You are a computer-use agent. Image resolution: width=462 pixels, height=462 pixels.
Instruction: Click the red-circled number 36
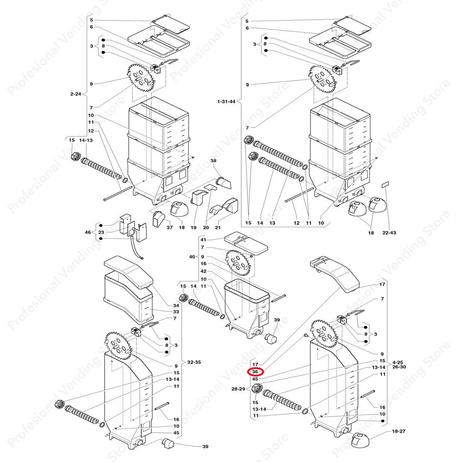click(255, 372)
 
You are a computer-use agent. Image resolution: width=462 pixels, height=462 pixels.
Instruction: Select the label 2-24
click(75, 94)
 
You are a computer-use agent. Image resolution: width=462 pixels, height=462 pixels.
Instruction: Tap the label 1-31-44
click(226, 102)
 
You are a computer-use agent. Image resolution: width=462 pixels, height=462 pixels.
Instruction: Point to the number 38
click(213, 160)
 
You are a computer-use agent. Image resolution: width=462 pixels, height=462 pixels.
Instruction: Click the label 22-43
click(389, 233)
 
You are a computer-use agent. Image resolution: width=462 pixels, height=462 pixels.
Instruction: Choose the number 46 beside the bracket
click(88, 232)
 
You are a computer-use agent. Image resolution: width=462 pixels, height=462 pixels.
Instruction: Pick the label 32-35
click(194, 362)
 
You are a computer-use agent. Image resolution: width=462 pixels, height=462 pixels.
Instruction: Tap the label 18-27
click(399, 431)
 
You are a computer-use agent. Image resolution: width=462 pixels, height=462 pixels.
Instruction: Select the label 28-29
click(238, 389)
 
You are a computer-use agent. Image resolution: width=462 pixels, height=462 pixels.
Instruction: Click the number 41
click(203, 240)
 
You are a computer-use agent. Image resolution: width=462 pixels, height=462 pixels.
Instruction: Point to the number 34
click(176, 305)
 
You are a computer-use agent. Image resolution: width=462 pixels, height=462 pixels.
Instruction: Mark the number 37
click(170, 228)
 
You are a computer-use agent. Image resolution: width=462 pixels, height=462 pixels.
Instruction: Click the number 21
click(217, 228)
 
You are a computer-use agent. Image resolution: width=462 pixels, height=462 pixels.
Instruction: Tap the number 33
click(176, 312)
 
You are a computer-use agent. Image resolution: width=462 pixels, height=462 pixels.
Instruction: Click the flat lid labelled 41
click(246, 244)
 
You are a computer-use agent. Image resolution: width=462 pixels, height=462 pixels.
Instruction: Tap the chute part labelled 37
click(159, 219)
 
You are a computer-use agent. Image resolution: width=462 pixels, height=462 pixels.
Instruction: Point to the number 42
click(203, 271)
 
